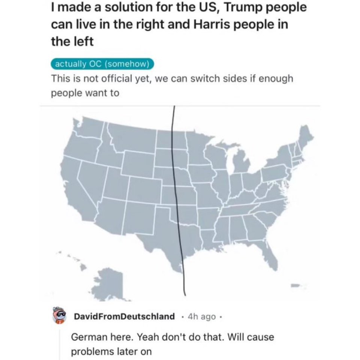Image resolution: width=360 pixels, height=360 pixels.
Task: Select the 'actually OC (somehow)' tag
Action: point(102,64)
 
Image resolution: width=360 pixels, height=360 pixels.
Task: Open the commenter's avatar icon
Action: point(60,316)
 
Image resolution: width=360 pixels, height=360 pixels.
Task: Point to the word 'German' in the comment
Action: point(87,337)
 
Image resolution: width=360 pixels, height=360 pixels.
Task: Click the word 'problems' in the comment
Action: point(90,352)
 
